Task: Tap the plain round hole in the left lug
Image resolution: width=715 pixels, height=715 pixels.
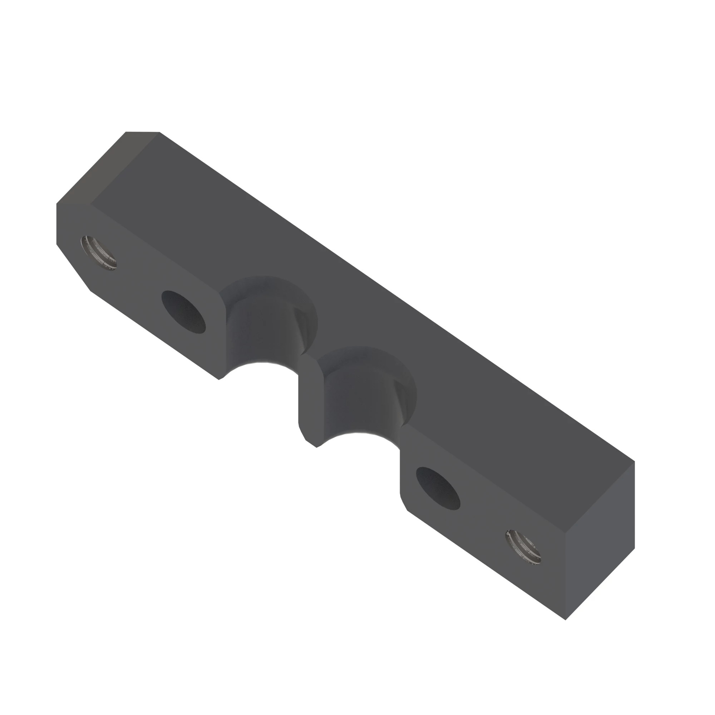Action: tap(183, 312)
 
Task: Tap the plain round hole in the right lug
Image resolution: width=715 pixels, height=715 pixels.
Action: tap(438, 488)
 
